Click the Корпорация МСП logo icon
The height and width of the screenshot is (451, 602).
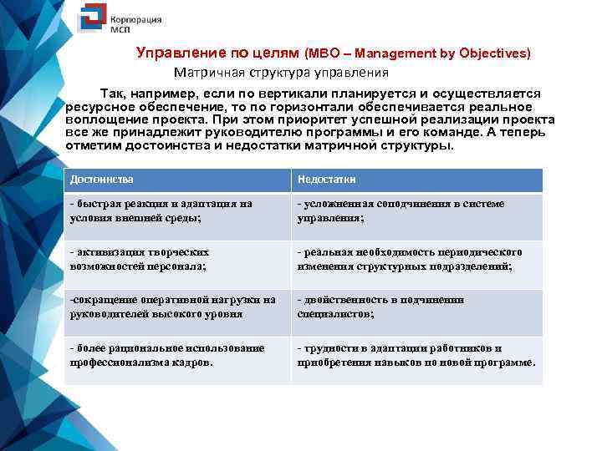pos(91,19)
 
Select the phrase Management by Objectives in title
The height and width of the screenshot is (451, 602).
pos(431,53)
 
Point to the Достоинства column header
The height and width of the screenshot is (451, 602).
pos(102,180)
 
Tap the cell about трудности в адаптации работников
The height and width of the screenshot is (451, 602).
pos(415,355)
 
